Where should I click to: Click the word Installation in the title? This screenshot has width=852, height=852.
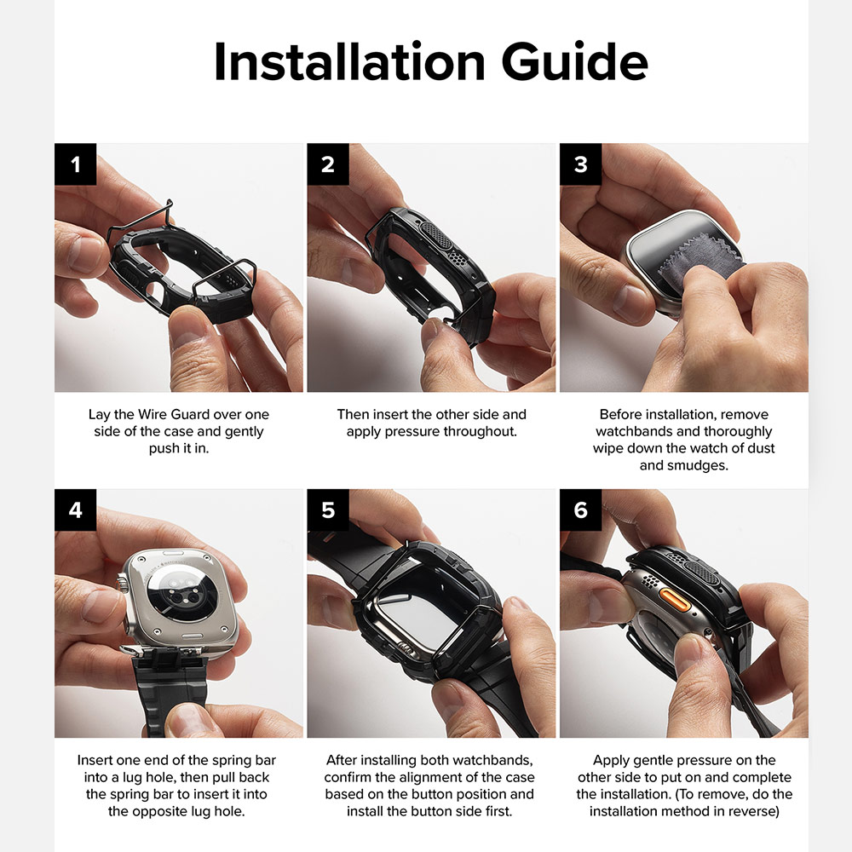pos(349,60)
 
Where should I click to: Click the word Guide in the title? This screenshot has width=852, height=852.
pos(574,60)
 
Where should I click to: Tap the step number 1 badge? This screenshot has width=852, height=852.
pos(76,164)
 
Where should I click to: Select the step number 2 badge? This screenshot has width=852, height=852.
pos(328,164)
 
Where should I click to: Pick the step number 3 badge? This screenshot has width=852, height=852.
pos(580,164)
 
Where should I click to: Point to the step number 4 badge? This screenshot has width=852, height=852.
pos(76,509)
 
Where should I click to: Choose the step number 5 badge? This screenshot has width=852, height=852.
pos(328,509)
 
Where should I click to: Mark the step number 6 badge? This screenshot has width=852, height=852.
pos(580,509)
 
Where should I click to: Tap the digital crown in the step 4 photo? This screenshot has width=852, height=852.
pos(123,587)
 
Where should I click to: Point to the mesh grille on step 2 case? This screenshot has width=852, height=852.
pos(437,235)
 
